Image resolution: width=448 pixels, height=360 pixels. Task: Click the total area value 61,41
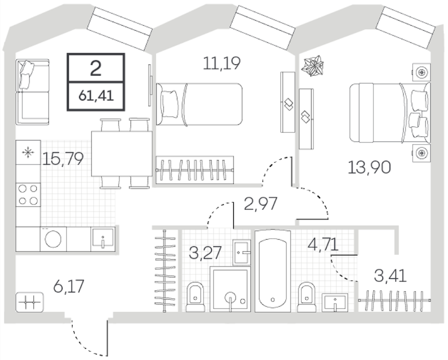[x=96, y=96]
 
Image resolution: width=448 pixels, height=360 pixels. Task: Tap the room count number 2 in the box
[x=96, y=68]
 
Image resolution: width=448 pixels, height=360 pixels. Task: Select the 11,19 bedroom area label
[x=221, y=63]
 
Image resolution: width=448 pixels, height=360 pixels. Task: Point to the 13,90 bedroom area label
[x=369, y=167]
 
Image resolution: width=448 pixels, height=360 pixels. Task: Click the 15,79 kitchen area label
[x=62, y=159]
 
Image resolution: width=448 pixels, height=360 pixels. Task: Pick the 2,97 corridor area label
[x=261, y=204]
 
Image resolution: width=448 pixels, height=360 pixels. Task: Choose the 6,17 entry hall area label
[x=69, y=286]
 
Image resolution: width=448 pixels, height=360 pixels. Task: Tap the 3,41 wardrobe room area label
[x=390, y=276]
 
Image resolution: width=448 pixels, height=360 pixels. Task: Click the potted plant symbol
[x=313, y=66]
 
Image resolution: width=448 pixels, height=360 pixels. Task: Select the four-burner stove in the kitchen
[x=28, y=195]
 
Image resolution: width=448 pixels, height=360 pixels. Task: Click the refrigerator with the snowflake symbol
[x=28, y=152]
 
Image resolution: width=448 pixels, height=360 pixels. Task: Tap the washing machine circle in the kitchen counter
[x=53, y=239]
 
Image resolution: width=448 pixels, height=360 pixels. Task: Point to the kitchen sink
[x=103, y=239]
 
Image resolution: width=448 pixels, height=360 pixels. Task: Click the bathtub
[x=273, y=270]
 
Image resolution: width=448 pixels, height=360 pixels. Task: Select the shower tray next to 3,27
[x=230, y=289]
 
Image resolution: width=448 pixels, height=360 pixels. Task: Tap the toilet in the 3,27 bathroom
[x=195, y=297]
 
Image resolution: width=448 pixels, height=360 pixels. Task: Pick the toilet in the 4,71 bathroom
[x=306, y=297]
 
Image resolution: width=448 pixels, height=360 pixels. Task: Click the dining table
[x=122, y=154]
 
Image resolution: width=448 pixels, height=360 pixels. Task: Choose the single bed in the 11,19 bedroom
[x=199, y=104]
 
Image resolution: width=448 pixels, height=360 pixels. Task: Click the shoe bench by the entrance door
[x=30, y=302]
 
